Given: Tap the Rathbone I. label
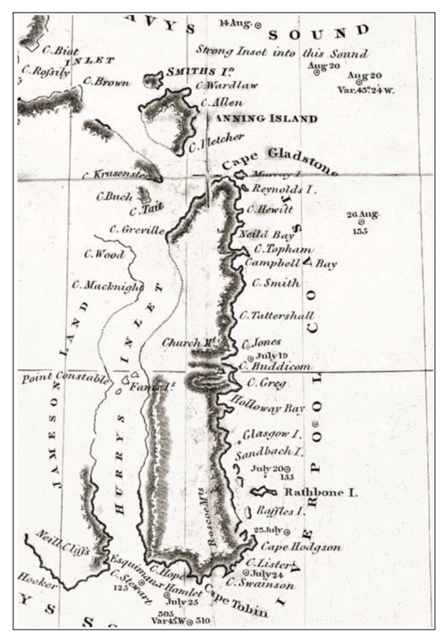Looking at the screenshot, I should (321, 492).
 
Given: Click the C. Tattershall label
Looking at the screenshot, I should (276, 315).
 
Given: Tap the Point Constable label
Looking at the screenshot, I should (65, 377).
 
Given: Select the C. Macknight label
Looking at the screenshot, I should (108, 286).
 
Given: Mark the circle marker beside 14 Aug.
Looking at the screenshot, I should (258, 24).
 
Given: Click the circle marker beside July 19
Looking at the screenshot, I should (251, 358).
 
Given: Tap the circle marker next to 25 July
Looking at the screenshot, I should (287, 531).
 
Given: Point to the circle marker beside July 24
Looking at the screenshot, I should (245, 573).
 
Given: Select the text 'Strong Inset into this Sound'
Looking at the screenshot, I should (282, 52).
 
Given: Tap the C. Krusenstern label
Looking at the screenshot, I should (116, 175).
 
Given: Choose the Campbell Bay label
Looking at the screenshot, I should (290, 263).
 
